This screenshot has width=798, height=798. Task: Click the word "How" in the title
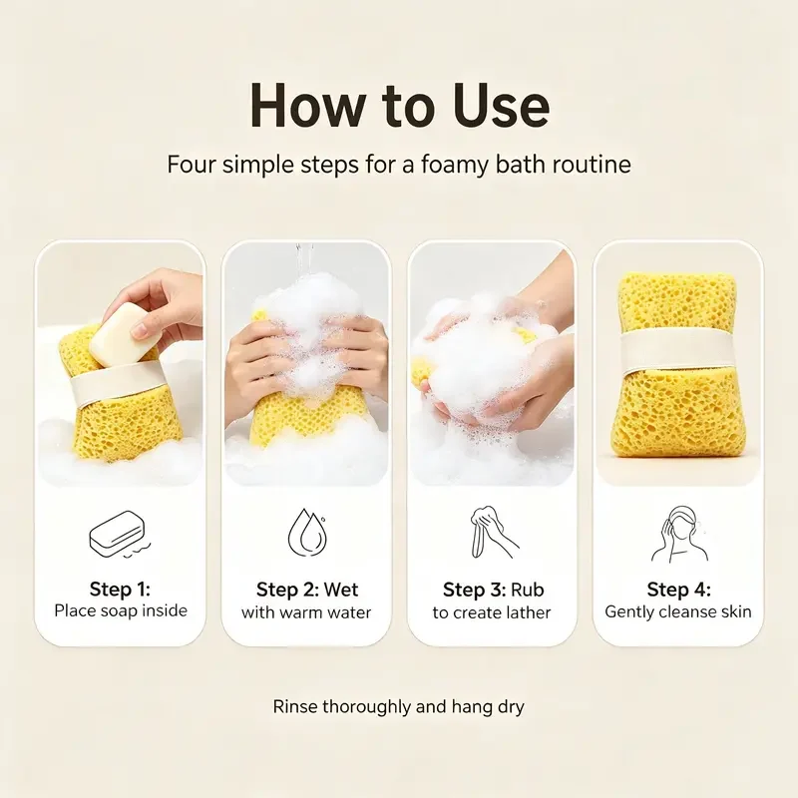307,107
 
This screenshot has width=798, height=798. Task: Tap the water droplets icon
306,533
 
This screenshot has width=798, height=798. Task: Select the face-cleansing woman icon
679,534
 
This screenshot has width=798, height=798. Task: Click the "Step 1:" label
120,589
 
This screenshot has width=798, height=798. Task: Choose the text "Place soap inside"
121,610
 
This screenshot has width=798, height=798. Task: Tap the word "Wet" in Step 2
340,590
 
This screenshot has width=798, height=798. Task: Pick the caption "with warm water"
306,611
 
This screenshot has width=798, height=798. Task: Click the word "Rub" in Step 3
528,590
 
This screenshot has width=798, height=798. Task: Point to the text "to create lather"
492,612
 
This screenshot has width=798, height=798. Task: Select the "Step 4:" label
679,590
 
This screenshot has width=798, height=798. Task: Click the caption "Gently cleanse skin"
678,611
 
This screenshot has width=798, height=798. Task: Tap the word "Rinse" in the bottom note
295,706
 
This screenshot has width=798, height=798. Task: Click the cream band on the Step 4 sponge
678,350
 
